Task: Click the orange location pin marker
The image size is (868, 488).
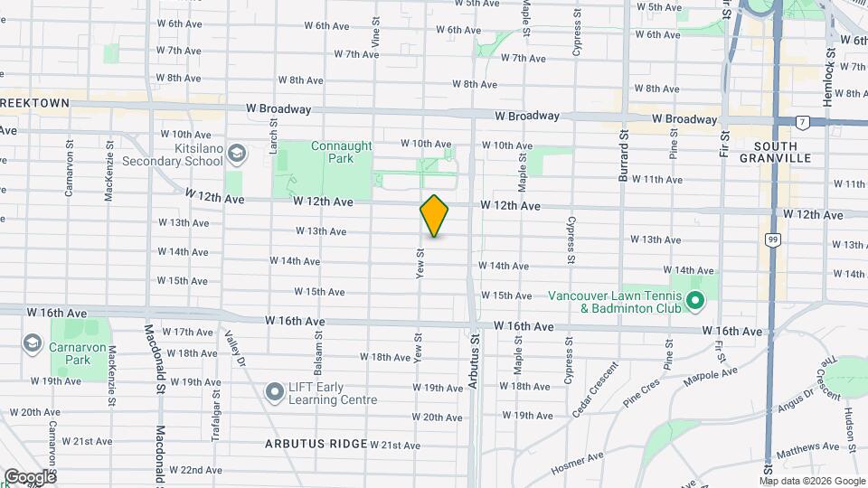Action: tap(434, 216)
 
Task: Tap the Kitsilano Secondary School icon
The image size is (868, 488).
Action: tap(237, 153)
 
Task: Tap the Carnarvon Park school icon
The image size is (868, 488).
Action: tap(33, 343)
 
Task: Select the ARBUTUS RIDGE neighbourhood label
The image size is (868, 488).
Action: tap(316, 444)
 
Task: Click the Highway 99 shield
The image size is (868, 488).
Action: tap(771, 239)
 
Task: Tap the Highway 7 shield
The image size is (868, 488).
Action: tap(801, 121)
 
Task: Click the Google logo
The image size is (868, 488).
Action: tap(29, 477)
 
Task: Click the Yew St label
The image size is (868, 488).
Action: tap(420, 263)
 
